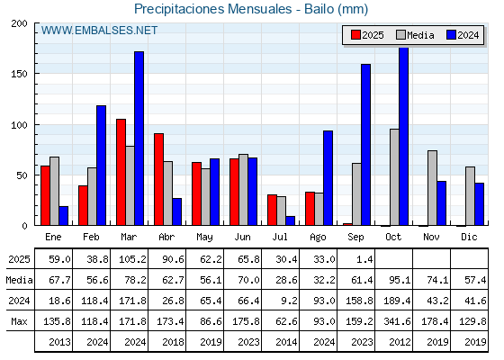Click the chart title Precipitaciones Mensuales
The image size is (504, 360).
point(212,9)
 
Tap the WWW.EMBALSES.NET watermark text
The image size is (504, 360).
point(99,31)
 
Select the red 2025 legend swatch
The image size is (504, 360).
point(355,35)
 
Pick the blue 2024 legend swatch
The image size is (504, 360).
point(451,35)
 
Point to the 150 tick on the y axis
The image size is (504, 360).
point(19,74)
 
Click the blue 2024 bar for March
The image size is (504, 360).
point(139,139)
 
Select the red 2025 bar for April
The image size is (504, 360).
point(158,179)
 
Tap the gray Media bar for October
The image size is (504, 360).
point(394,177)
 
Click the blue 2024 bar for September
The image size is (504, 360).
point(365,145)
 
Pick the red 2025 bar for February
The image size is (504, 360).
point(83,205)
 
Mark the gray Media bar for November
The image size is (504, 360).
point(432,188)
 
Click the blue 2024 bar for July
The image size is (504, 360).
point(290,220)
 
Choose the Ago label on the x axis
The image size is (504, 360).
point(318,238)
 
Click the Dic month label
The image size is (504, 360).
point(469,237)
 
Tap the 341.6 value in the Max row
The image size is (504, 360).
point(397,321)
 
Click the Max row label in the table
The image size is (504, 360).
point(19,321)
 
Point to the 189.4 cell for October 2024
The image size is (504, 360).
point(397,301)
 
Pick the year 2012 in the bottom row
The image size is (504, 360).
point(400,342)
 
